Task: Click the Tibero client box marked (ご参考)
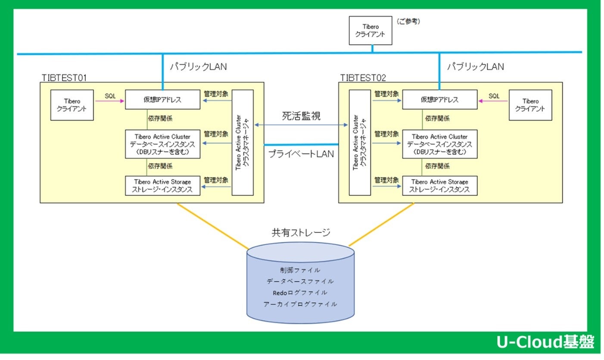tap(370, 30)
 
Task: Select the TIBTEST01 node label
tap(65, 78)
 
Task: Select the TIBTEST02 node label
tap(363, 78)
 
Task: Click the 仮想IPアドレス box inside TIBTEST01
tap(162, 100)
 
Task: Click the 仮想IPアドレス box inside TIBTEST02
tap(439, 100)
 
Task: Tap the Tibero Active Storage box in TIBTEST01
tap(162, 186)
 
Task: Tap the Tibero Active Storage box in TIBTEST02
tap(439, 186)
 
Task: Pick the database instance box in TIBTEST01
tap(162, 144)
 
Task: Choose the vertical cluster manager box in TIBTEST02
tap(360, 142)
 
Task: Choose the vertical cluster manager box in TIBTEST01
tap(243, 142)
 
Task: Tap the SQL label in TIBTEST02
tap(494, 96)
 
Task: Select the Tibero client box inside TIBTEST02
tap(530, 105)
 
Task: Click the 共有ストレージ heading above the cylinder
tap(301, 233)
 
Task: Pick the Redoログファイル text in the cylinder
tap(300, 293)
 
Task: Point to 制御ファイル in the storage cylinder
tap(300, 270)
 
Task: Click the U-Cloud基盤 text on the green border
tap(545, 342)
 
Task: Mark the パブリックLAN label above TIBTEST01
tap(198, 67)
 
